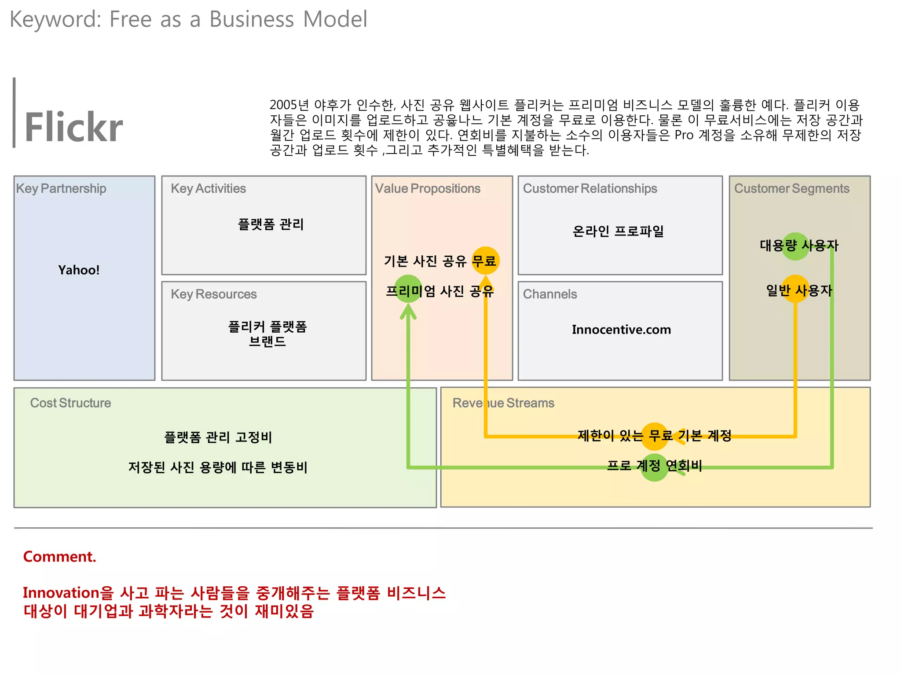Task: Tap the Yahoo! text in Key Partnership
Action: [79, 270]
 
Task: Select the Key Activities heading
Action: [208, 188]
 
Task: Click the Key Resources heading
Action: [213, 294]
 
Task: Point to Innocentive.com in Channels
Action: [621, 329]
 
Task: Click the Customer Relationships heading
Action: [590, 188]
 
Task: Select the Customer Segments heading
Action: [791, 188]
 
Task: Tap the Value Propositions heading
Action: [427, 188]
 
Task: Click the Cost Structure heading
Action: [70, 403]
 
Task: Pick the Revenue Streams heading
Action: [503, 403]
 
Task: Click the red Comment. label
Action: [59, 556]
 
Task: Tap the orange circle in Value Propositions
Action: [485, 261]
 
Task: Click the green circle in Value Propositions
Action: [408, 289]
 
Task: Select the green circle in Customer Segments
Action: [795, 246]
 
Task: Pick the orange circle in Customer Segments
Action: [795, 289]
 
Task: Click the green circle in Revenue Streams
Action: [654, 467]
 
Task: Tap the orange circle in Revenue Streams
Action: [654, 436]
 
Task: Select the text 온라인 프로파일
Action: [618, 231]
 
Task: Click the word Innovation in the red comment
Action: [61, 593]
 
